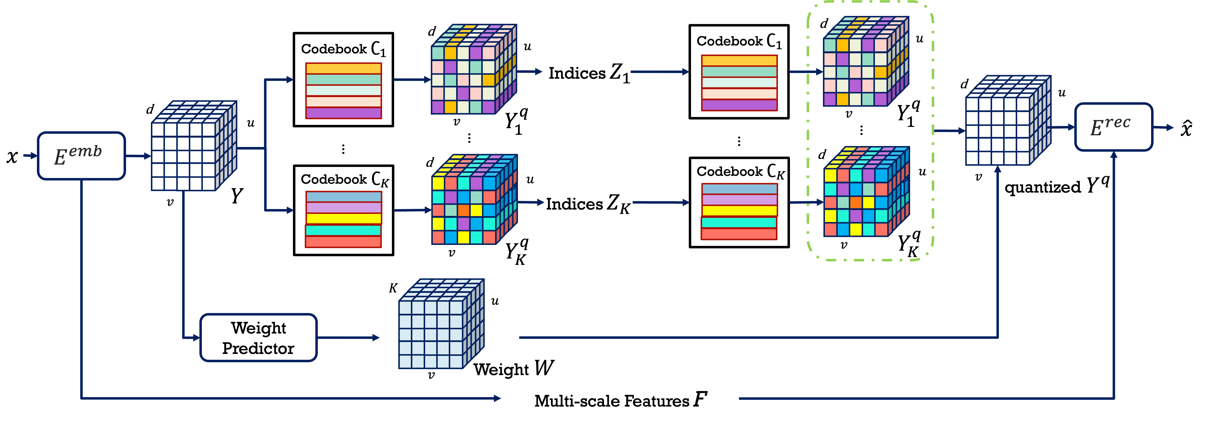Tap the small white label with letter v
[x=170, y=201]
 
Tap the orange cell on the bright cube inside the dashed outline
[x=855, y=202]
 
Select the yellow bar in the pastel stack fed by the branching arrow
[x=343, y=69]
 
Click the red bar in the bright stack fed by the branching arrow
[x=343, y=242]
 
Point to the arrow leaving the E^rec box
[x=1163, y=127]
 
